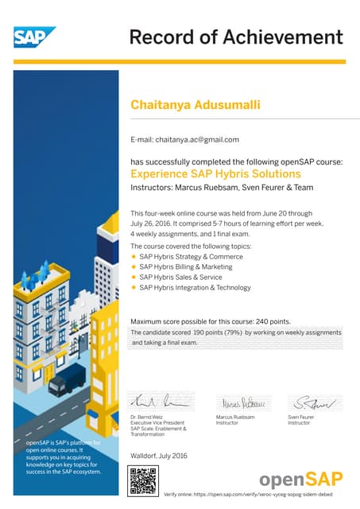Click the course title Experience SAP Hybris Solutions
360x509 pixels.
pyautogui.click(x=215, y=173)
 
